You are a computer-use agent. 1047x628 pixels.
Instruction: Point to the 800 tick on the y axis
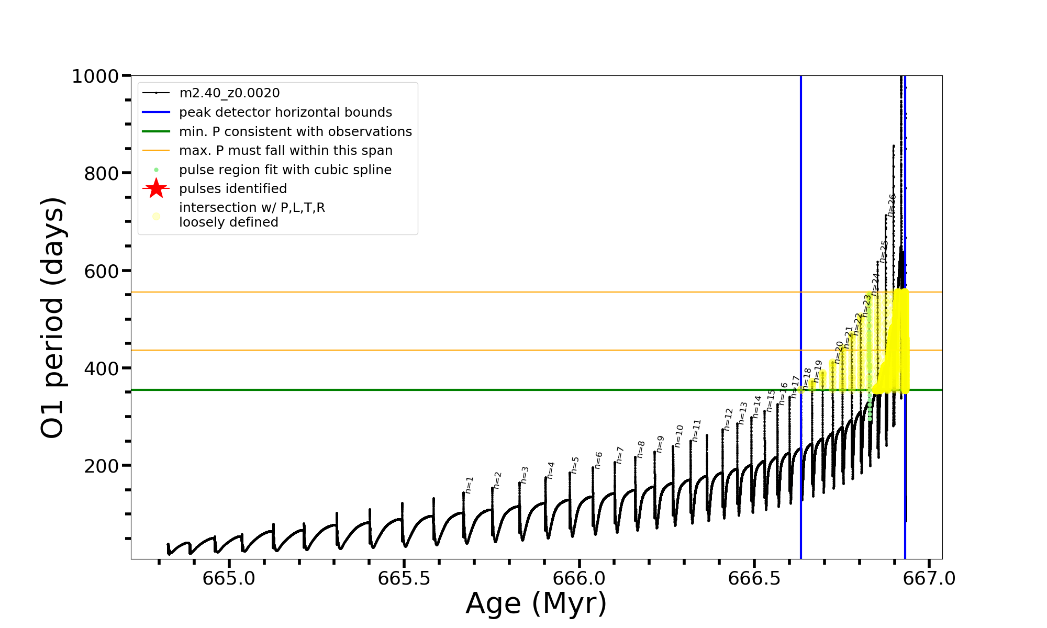(102, 174)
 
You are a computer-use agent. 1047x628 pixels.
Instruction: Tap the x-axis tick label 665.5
(404, 578)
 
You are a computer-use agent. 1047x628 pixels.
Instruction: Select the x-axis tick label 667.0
(929, 578)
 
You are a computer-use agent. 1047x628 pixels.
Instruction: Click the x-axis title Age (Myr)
(536, 603)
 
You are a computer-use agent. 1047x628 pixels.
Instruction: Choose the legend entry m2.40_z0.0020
(229, 93)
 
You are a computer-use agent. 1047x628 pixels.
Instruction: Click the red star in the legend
(156, 188)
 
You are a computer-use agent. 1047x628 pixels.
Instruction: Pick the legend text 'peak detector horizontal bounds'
(285, 113)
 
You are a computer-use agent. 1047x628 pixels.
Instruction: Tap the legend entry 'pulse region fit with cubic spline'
(285, 170)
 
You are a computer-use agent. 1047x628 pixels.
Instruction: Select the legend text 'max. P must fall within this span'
(285, 151)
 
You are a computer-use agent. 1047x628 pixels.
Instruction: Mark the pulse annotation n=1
(469, 485)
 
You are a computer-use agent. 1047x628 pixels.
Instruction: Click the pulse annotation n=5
(575, 465)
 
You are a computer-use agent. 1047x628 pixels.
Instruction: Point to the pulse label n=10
(678, 436)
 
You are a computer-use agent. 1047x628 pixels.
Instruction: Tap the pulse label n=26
(892, 205)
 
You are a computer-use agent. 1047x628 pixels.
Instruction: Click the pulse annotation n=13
(743, 413)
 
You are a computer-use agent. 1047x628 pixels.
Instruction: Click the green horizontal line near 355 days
(419, 390)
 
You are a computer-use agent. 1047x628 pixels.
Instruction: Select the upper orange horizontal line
(419, 292)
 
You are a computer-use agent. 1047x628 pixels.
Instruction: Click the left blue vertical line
(800, 209)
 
